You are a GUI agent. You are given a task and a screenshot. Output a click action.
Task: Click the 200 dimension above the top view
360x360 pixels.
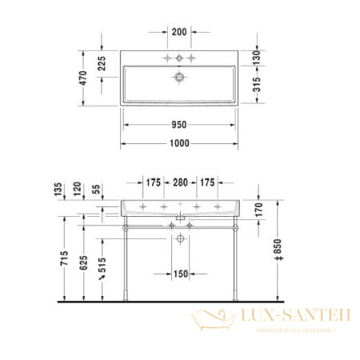180,31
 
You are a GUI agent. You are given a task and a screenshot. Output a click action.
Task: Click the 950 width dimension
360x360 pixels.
180,125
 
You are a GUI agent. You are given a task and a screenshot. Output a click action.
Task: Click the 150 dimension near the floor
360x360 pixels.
180,274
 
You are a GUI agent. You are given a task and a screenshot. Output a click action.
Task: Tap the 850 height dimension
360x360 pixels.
276,254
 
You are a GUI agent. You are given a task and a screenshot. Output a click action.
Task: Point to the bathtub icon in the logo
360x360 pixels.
210,321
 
